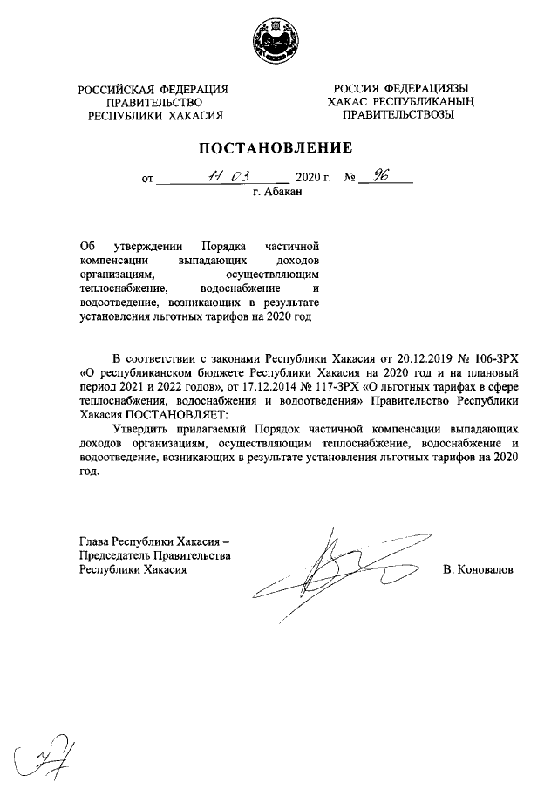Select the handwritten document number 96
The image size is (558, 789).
pyautogui.click(x=378, y=176)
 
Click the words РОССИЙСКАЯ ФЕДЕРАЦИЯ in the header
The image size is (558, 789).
pyautogui.click(x=153, y=89)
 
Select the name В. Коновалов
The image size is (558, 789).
pyautogui.click(x=479, y=569)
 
